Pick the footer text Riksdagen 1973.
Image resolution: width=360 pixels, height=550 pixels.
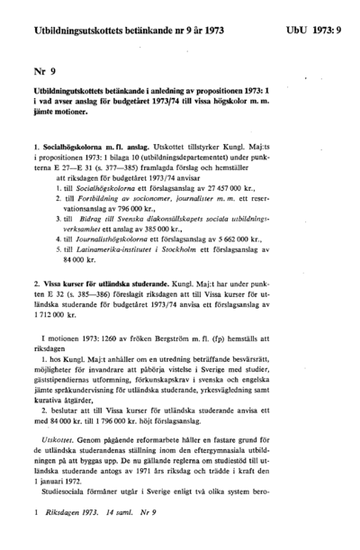click(x=71, y=537)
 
